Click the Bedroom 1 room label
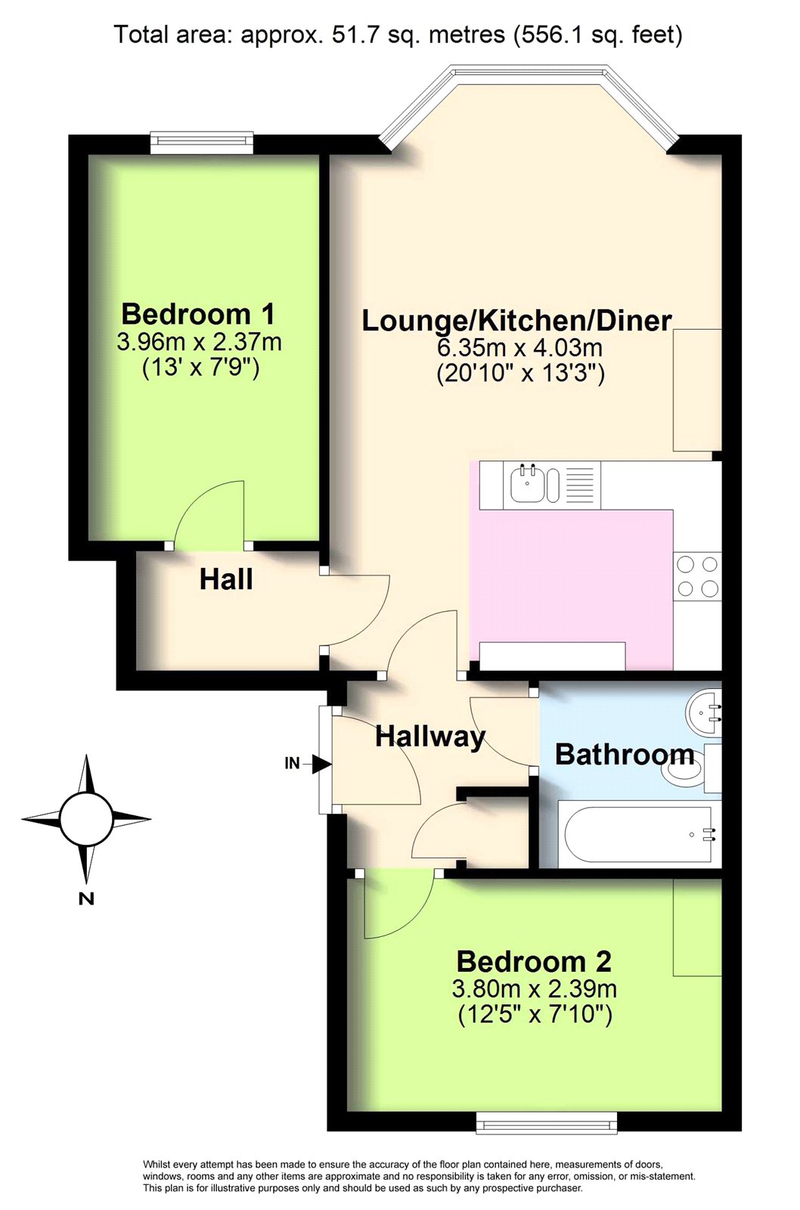point(198,314)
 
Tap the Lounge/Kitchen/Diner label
point(517,321)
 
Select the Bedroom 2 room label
point(534,962)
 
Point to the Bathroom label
point(625,755)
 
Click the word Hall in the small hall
point(226,579)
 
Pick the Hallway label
point(430,738)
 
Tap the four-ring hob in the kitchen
point(697,576)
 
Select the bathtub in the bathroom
point(640,835)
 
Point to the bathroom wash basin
point(703,712)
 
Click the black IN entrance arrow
point(322,765)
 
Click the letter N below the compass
point(86,898)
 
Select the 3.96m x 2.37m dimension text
point(199,343)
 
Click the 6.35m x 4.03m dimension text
point(519,347)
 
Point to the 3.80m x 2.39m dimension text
point(535,989)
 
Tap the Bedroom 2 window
point(546,1121)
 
